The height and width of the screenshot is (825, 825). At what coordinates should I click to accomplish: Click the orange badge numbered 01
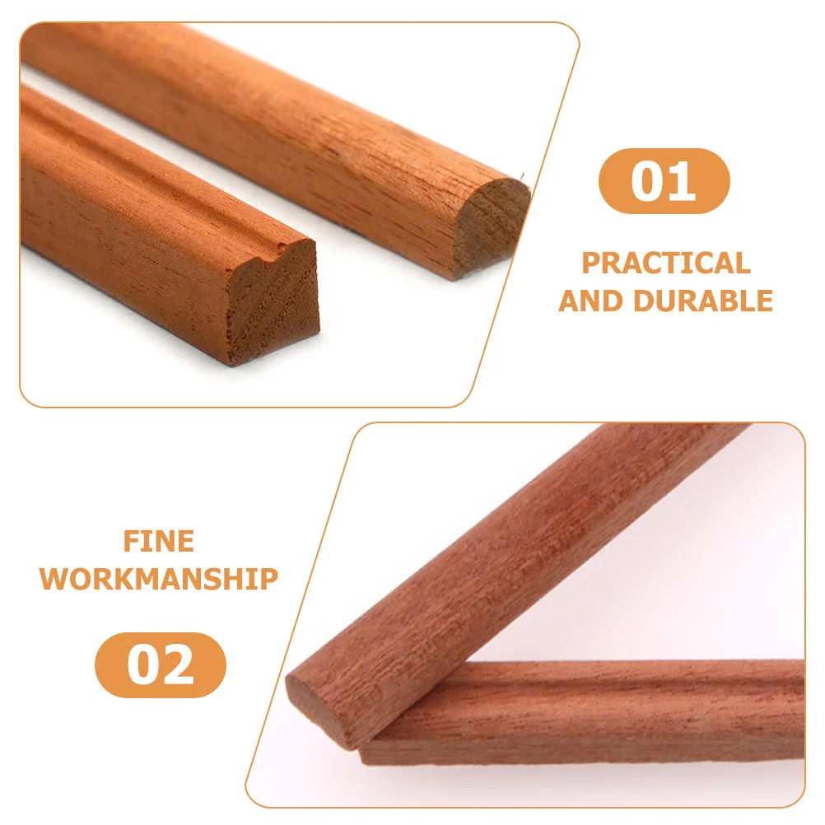coord(664,181)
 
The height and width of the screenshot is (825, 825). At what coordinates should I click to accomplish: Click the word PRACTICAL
coord(666,263)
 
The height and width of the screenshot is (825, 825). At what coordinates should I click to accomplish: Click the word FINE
coord(159,541)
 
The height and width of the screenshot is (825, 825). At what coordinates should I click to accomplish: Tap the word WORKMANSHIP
coord(159,579)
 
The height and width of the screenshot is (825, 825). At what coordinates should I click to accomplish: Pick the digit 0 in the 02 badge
coord(142,665)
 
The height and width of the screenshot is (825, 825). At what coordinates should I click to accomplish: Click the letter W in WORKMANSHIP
coord(55,579)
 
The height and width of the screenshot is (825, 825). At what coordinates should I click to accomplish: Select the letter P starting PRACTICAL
coord(591,263)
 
